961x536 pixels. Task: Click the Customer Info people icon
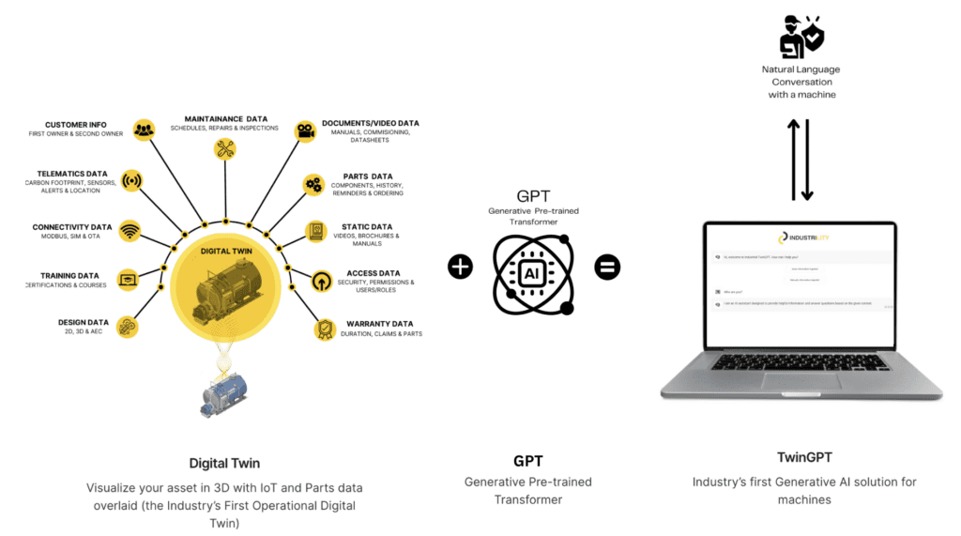tap(144, 130)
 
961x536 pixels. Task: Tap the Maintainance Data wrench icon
tap(225, 148)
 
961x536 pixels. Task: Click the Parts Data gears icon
tap(313, 184)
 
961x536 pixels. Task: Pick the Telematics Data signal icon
tap(132, 181)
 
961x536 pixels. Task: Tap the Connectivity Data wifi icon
tap(130, 231)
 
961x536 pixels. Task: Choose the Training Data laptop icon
tap(129, 278)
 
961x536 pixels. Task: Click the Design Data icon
tap(129, 326)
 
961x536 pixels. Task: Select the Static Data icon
tap(317, 231)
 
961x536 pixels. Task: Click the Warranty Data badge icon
tap(324, 329)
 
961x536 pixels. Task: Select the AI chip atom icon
tap(533, 272)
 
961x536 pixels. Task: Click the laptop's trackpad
tap(801, 380)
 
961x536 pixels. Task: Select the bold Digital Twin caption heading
tap(224, 463)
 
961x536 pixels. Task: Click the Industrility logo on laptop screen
tap(801, 238)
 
